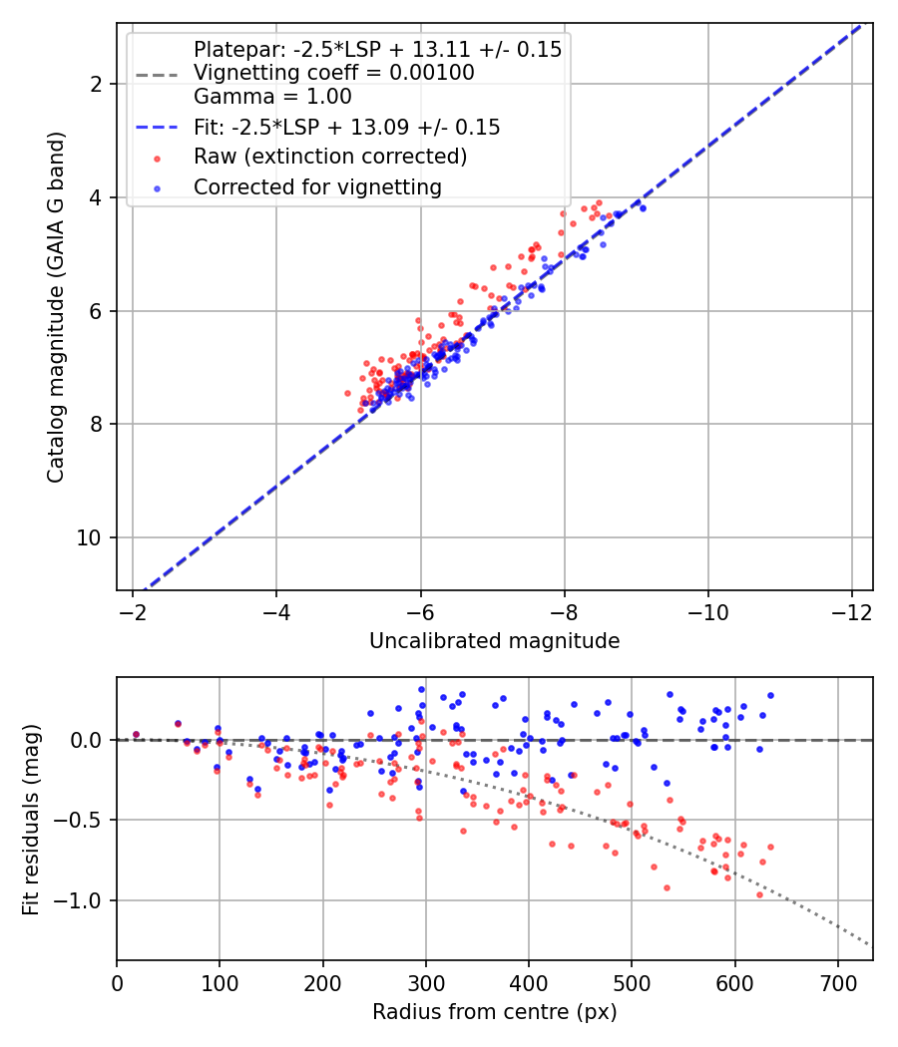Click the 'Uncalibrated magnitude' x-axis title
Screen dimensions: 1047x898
[x=494, y=641]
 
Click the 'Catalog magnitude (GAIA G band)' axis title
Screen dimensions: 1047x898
[x=57, y=307]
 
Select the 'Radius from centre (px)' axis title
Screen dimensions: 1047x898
[x=494, y=1012]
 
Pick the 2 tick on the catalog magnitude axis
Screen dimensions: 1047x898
[x=97, y=84]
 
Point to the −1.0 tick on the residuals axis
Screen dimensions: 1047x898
[x=85, y=901]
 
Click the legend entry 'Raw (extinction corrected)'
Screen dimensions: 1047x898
[x=329, y=157]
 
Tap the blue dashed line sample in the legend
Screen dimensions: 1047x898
[x=157, y=128]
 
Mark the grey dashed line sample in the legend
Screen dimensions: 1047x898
[x=157, y=74]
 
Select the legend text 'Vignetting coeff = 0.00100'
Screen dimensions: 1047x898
[x=333, y=73]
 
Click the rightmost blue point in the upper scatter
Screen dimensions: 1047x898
[x=643, y=208]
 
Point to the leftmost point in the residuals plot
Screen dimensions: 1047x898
[x=136, y=735]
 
